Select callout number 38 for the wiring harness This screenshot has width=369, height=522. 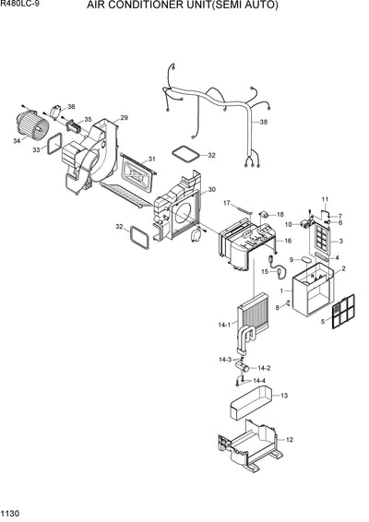264,123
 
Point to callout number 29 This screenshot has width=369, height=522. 124,117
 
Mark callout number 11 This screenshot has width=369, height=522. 324,200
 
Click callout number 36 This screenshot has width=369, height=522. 72,107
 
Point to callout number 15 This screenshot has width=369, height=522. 263,271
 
